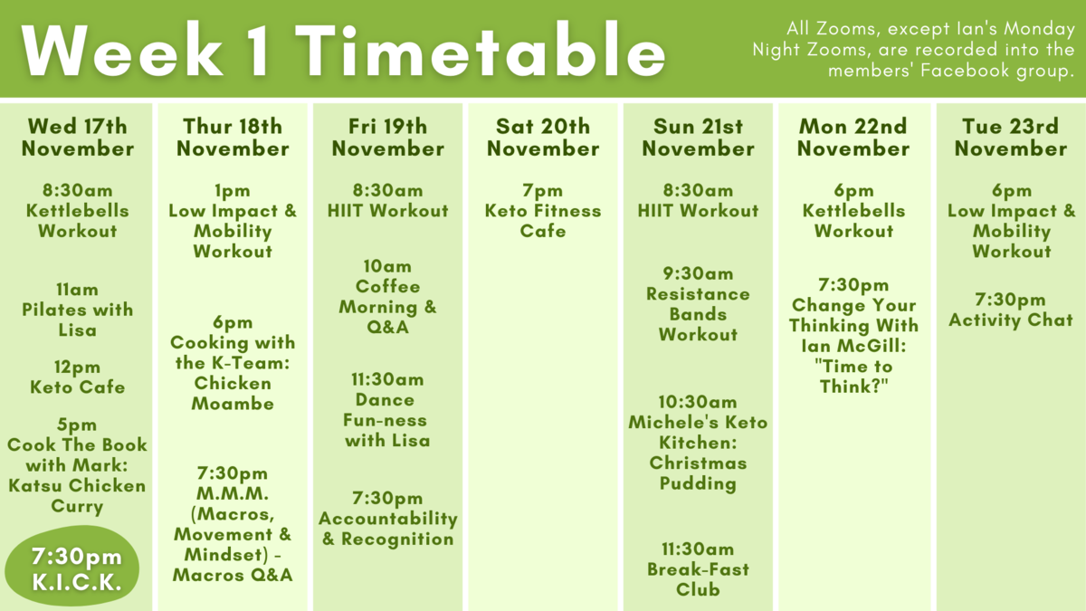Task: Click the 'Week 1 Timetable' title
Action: (343, 50)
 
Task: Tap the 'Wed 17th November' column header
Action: (78, 138)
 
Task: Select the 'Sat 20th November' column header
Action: (543, 138)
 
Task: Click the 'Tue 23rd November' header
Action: (1011, 138)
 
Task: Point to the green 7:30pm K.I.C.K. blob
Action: (72, 566)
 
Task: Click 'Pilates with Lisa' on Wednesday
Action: (78, 320)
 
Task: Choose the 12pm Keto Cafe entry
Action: (78, 377)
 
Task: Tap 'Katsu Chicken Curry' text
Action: (77, 496)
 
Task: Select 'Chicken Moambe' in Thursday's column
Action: (233, 393)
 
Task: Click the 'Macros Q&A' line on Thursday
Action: (233, 575)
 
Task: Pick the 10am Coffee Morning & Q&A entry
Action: (388, 296)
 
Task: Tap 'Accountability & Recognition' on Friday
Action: (388, 529)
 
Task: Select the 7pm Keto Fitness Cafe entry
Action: (543, 210)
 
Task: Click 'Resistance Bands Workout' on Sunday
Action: (698, 314)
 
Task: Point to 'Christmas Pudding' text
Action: (698, 473)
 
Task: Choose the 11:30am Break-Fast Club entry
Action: (698, 569)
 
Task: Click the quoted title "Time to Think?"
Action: (853, 377)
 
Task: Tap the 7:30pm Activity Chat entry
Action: (1011, 310)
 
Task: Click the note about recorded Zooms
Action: (913, 50)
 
